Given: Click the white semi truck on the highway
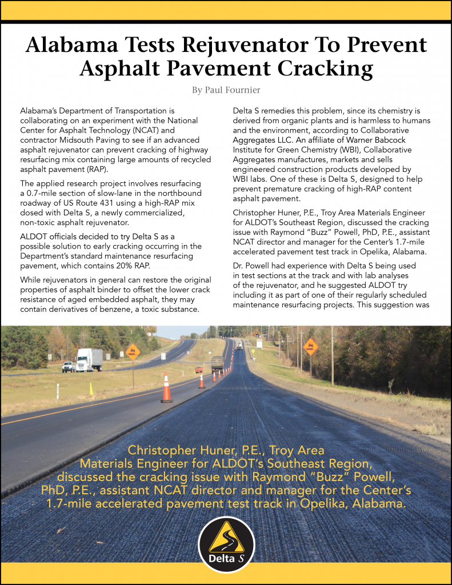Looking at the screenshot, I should coord(89,359).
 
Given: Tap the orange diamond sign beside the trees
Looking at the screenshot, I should coord(311,346).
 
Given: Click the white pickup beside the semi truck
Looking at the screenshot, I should coord(68,366).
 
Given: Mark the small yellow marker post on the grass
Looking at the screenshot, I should coord(90,388).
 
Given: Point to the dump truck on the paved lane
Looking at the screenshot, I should coord(217,364).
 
